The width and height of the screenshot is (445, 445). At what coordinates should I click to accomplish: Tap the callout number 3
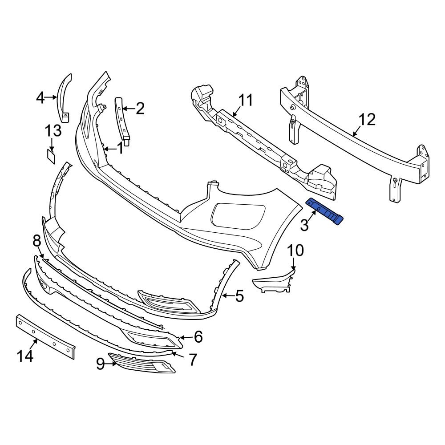pyautogui.click(x=304, y=225)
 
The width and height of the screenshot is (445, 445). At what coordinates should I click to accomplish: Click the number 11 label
pyautogui.click(x=245, y=100)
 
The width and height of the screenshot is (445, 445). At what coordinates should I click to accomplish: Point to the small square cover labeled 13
pyautogui.click(x=51, y=156)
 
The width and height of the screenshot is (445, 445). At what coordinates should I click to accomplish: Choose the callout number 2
pyautogui.click(x=140, y=108)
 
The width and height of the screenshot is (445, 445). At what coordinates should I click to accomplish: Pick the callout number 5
pyautogui.click(x=239, y=295)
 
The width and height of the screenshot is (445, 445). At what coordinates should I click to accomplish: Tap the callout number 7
pyautogui.click(x=192, y=360)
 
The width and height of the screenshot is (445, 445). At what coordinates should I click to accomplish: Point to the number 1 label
pyautogui.click(x=120, y=148)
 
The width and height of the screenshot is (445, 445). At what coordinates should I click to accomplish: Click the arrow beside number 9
pyautogui.click(x=111, y=364)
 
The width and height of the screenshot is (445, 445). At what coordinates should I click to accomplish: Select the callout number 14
pyautogui.click(x=25, y=356)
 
